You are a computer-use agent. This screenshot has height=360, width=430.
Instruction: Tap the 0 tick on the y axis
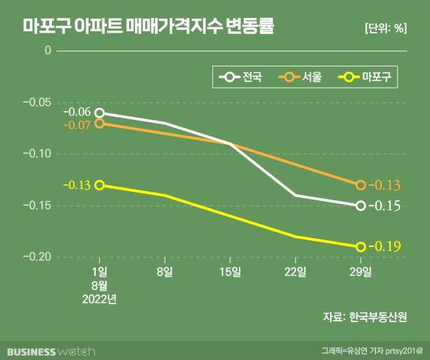[47, 51]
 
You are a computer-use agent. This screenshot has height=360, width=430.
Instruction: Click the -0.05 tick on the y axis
[37, 102]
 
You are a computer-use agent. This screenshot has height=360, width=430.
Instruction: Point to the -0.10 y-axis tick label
[37, 154]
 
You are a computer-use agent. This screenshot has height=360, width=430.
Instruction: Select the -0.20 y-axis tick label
[37, 257]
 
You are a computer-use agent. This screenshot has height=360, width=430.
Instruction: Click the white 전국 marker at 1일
[99, 113]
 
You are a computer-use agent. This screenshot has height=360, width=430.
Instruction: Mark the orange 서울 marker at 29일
[360, 185]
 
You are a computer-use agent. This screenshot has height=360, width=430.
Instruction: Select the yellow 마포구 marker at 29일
[360, 247]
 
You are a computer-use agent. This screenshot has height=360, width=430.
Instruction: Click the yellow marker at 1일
[99, 185]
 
